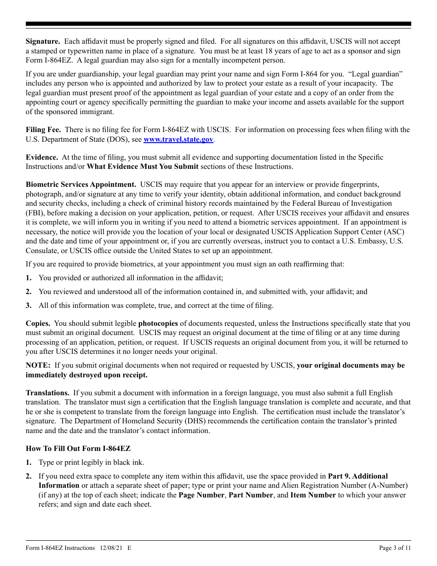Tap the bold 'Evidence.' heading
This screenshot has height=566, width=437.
pyautogui.click(x=42, y=157)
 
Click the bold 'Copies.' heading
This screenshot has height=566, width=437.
pyautogui.click(x=38, y=323)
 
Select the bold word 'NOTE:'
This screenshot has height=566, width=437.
pyautogui.click(x=38, y=365)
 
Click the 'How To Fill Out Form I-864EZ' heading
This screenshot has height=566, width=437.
pyautogui.click(x=78, y=449)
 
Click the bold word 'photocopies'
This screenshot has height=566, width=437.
pyautogui.click(x=158, y=323)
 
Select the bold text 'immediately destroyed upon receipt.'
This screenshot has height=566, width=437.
pyautogui.click(x=86, y=375)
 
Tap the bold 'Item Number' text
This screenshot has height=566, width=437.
pyautogui.click(x=313, y=495)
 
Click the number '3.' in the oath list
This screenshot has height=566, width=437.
pyautogui.click(x=29, y=306)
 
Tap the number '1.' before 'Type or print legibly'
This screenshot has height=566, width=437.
pyautogui.click(x=29, y=462)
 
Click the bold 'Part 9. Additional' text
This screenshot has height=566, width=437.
pyautogui.click(x=357, y=476)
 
